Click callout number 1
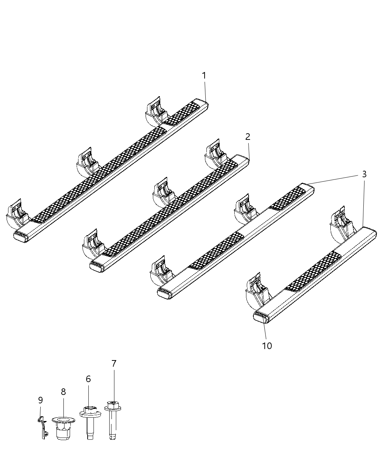pos(204,76)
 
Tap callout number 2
pos(248,137)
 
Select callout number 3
pos(364,174)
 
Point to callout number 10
pos(267,346)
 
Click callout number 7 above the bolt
pos(114,364)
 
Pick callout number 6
pos(88,379)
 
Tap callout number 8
pos(63,392)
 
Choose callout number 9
pos(40,400)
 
